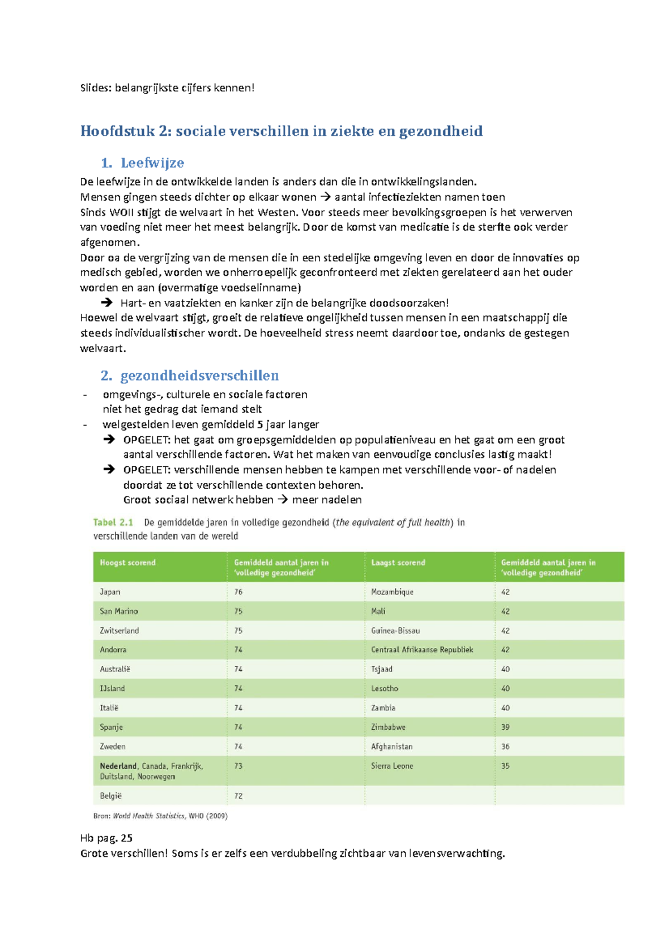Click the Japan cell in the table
point(110,592)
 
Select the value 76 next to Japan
point(238,592)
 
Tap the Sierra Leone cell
point(392,766)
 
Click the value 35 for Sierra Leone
point(505,766)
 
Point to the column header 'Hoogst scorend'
point(128,563)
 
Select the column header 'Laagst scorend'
point(398,563)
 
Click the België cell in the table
point(110,796)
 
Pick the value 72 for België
point(238,796)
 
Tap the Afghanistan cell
point(392,747)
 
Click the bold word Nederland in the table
point(118,766)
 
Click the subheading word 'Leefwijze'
point(152,163)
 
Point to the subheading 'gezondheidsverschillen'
point(200,376)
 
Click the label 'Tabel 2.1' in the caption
point(113,523)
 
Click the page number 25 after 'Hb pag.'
point(127,838)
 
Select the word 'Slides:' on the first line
point(96,88)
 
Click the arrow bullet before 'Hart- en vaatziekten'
point(106,303)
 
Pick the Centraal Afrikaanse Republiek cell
point(422,650)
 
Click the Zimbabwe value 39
point(505,727)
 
